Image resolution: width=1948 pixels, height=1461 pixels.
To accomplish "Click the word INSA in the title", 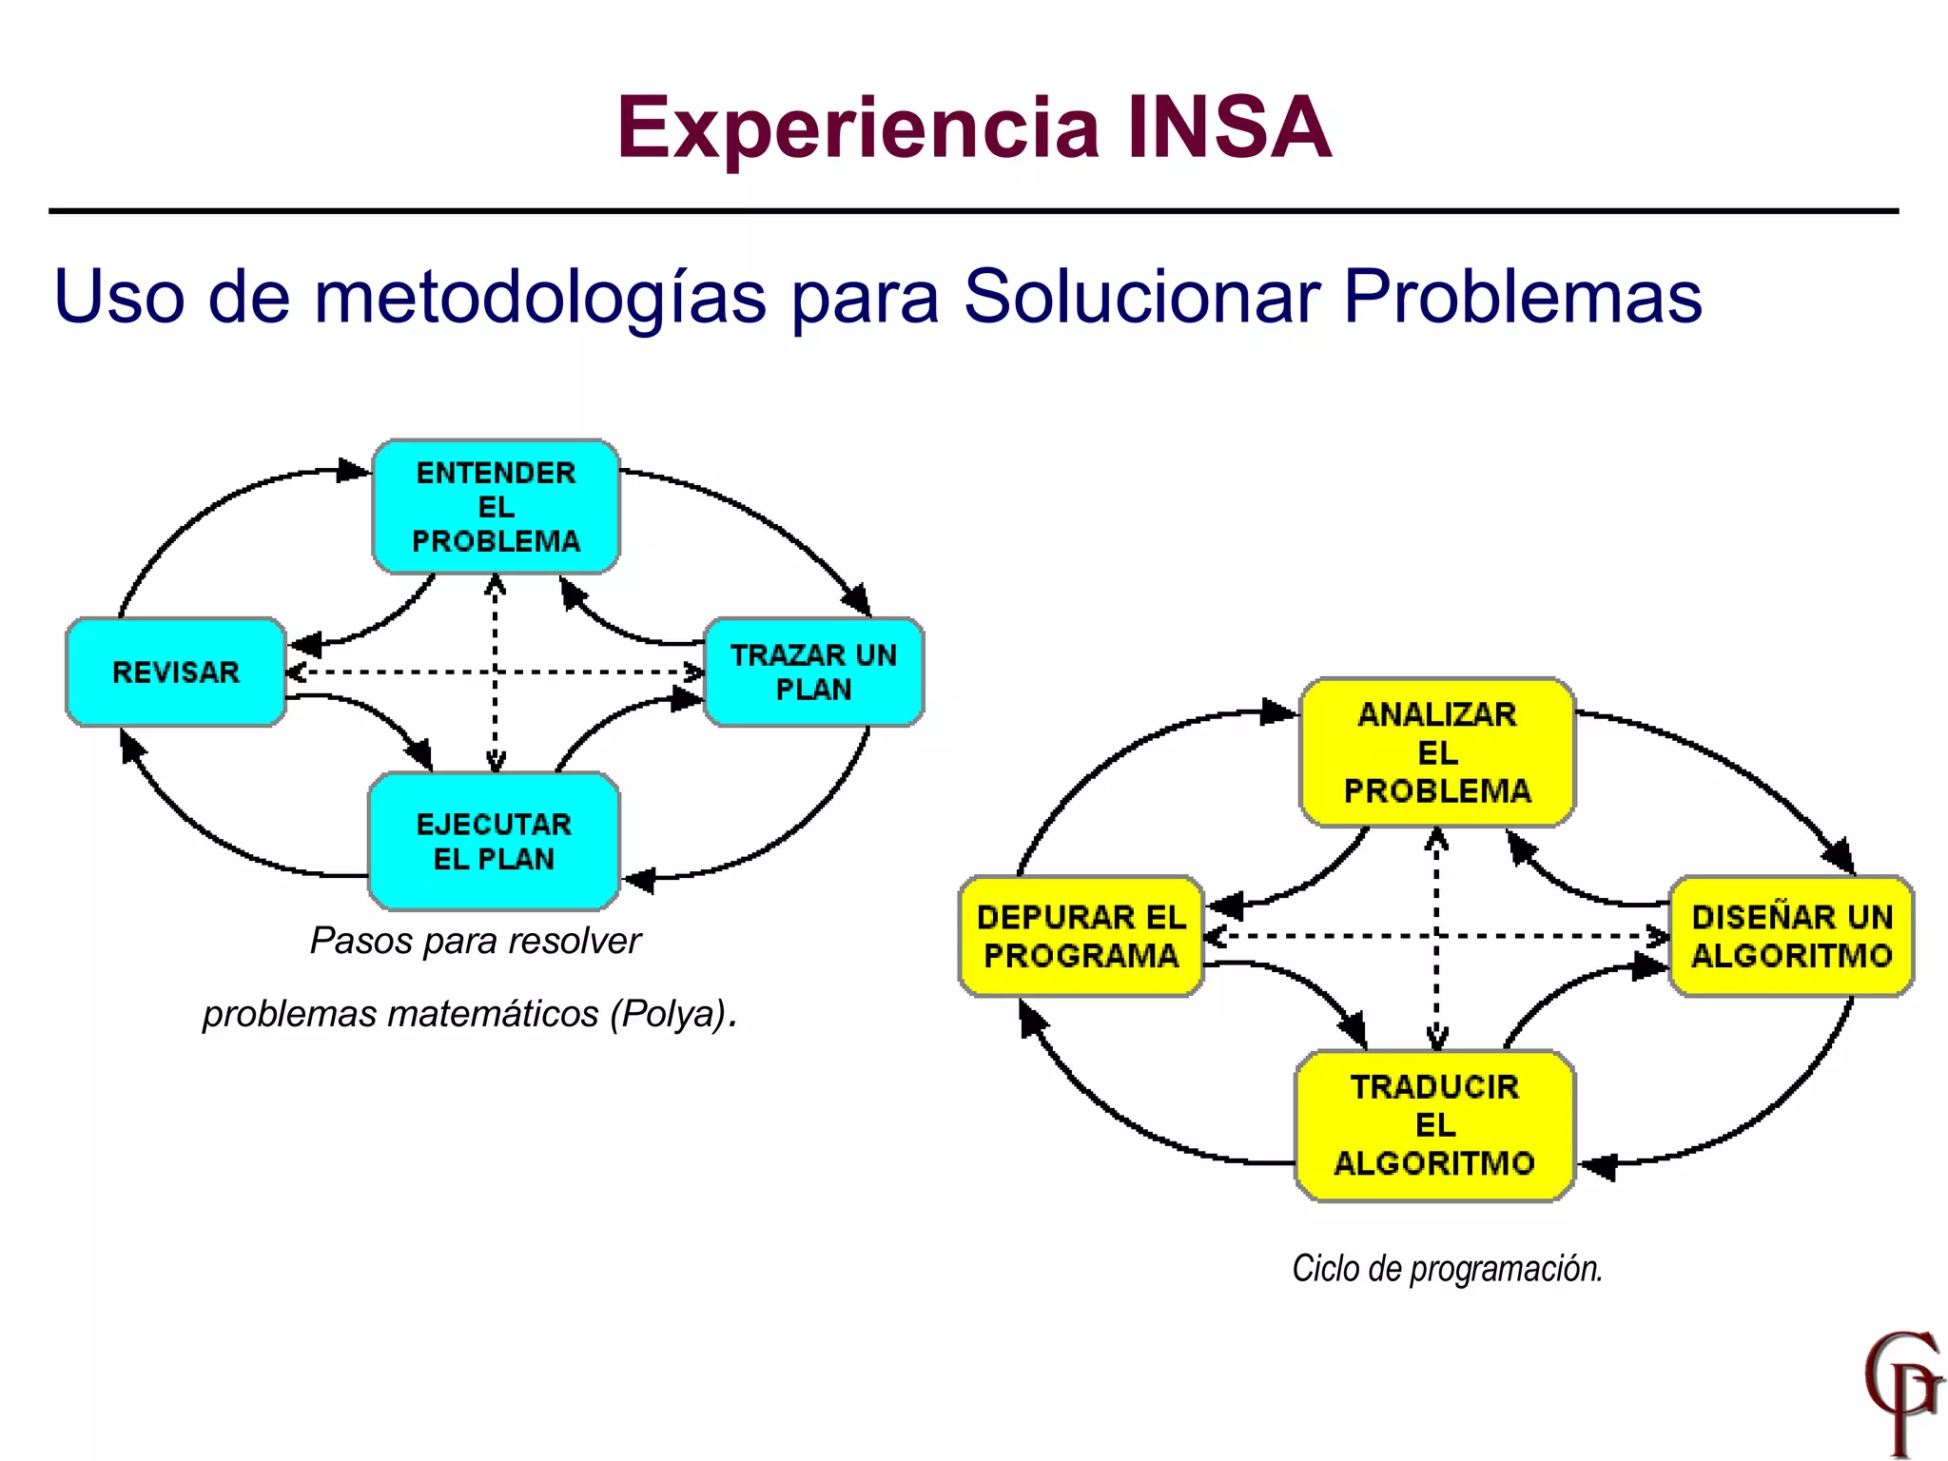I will [1228, 127].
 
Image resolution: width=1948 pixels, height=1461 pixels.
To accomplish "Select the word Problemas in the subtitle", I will [1522, 297].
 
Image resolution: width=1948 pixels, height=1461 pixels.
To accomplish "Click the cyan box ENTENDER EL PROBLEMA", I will [496, 507].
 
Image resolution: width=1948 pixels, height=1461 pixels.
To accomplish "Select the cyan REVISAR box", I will [176, 672].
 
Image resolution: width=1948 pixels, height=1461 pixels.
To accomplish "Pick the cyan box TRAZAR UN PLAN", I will [813, 672].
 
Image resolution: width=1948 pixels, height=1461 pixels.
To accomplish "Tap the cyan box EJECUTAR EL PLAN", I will [494, 841].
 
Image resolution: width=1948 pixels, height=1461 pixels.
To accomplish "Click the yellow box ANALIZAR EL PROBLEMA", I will [1436, 752].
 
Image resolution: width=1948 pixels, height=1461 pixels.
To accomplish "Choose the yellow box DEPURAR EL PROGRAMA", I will [1081, 936].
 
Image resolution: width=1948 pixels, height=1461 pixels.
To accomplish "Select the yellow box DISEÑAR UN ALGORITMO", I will [1791, 936].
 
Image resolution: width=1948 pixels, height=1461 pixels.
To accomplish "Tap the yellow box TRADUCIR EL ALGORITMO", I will [1434, 1125].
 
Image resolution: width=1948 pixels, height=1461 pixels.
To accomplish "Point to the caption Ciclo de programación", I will [1447, 1268].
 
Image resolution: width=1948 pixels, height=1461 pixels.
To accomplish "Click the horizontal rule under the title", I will [973, 211].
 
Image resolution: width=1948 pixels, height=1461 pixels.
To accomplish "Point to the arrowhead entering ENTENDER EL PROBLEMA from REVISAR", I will [354, 470].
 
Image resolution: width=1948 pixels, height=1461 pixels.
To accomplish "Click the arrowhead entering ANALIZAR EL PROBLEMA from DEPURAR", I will [1277, 711].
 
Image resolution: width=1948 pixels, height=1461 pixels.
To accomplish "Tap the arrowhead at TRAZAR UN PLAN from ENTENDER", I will [857, 601].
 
